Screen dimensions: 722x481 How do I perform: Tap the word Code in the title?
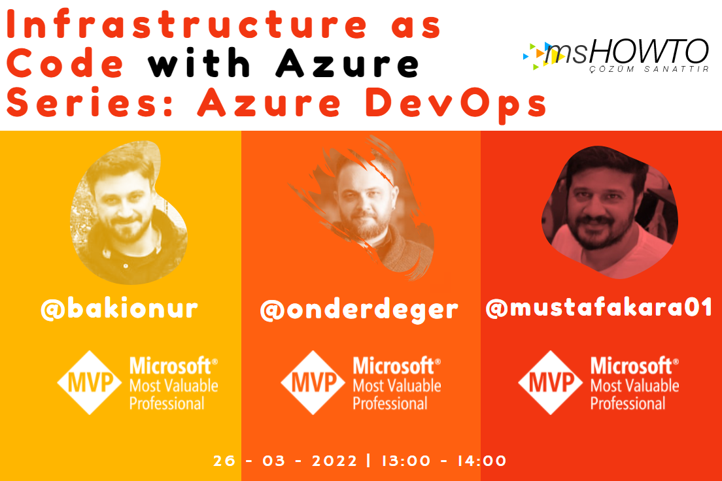point(65,63)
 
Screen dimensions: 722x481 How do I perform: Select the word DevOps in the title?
point(456,104)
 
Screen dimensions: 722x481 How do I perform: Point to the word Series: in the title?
point(90,102)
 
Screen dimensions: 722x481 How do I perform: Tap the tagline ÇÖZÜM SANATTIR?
point(649,69)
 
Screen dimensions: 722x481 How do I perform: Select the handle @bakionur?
point(119,309)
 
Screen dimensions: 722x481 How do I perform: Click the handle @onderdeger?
point(359,310)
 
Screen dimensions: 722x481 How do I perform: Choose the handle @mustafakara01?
point(599,307)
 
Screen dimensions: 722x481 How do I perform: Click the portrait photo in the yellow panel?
point(128,212)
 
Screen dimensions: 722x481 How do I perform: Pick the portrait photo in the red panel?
point(610,212)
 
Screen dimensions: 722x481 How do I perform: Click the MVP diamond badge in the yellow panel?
point(90,382)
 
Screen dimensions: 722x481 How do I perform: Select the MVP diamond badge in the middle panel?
point(313,382)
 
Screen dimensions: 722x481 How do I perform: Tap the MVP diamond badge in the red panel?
point(551,382)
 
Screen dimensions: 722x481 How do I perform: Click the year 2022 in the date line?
point(335,461)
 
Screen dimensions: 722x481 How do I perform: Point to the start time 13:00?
point(406,461)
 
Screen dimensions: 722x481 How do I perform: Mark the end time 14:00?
point(481,461)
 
